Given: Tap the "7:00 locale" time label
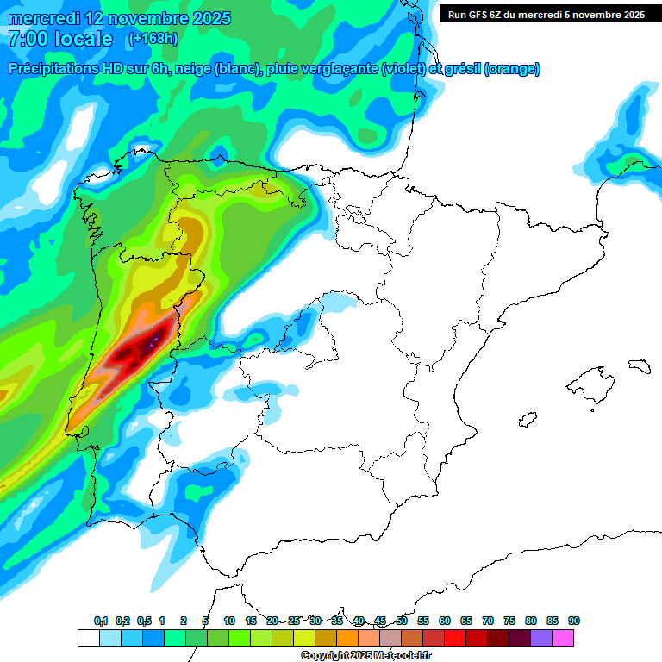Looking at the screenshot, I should point(59,39).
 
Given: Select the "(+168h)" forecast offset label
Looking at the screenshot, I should point(153,39).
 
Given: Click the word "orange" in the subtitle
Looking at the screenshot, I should point(512,69).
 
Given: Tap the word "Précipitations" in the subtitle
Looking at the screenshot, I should point(52,69).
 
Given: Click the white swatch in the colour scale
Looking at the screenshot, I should point(88,638).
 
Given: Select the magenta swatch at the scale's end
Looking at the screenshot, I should point(563,638).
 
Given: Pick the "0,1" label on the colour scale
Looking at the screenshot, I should point(101,621).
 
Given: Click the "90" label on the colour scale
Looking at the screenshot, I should point(574,621).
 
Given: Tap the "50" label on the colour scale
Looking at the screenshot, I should point(402,621).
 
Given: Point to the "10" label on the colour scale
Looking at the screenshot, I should point(229,621).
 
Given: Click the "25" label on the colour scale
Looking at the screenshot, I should point(294,621).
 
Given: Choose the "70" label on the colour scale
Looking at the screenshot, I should point(488,621).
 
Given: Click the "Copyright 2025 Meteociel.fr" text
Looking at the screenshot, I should point(366,656).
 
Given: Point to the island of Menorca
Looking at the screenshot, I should point(638,365).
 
